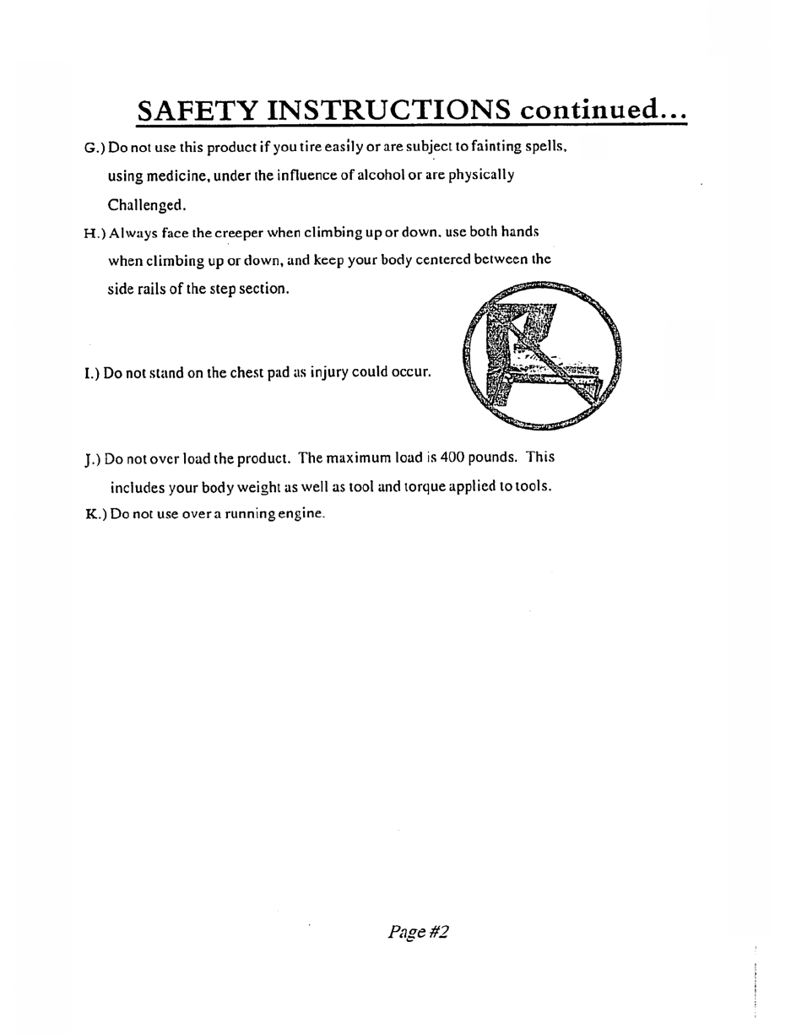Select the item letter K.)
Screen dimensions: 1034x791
click(95, 514)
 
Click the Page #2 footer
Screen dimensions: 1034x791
click(418, 932)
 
